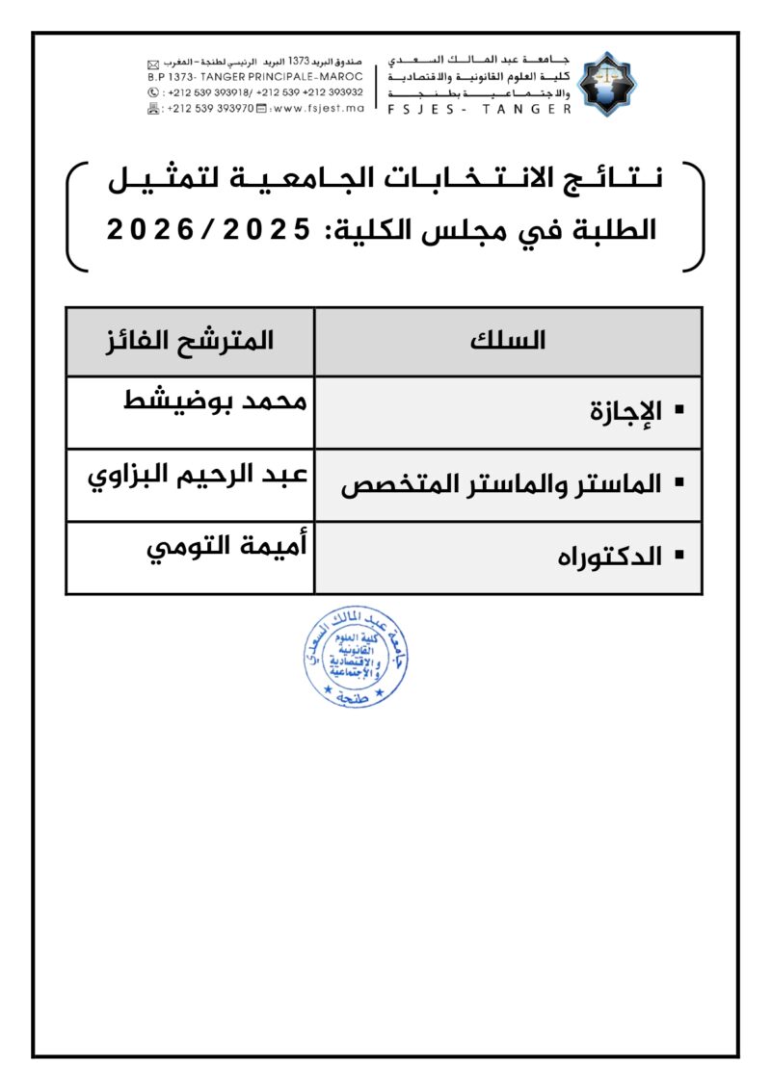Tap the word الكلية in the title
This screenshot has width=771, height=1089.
[366, 230]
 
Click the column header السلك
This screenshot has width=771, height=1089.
[508, 341]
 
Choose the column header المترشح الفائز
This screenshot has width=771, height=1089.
[190, 341]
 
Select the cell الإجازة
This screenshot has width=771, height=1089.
[625, 412]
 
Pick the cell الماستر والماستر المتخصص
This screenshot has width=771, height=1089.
[501, 484]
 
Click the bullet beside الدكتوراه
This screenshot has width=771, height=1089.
[680, 556]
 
